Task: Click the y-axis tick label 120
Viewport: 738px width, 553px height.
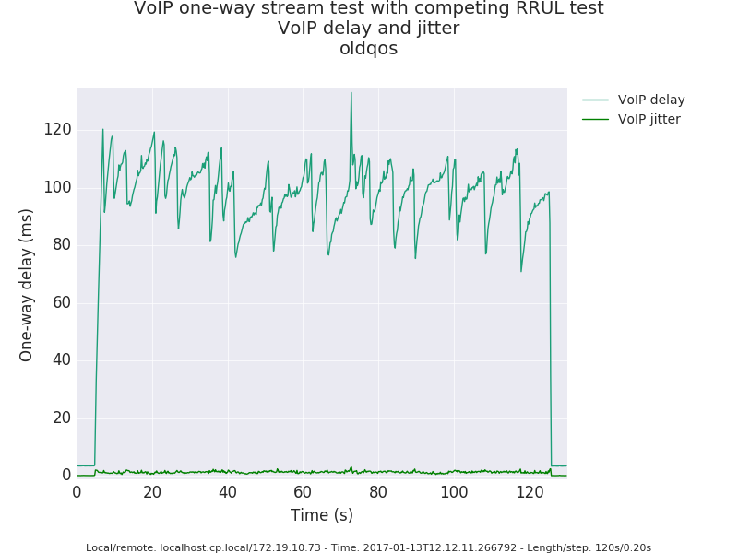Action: point(57,129)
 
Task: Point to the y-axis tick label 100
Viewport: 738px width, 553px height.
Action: point(57,187)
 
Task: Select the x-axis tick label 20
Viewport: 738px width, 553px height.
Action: point(152,492)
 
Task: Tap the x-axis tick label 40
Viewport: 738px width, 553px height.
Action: point(228,492)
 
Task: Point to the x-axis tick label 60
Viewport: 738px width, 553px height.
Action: point(304,492)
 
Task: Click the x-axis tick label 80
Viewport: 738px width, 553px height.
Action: point(378,492)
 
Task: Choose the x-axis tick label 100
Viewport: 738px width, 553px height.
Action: point(454,492)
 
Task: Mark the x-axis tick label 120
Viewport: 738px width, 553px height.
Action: point(530,492)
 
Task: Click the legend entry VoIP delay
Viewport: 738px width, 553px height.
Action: point(650,100)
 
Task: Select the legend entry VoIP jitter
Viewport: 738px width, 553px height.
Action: point(649,119)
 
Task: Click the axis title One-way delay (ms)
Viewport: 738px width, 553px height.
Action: point(27,285)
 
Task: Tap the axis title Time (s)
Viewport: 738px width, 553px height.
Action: point(322,515)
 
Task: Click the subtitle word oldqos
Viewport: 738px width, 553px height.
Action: point(369,49)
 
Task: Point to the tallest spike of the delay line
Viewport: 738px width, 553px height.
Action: point(351,93)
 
